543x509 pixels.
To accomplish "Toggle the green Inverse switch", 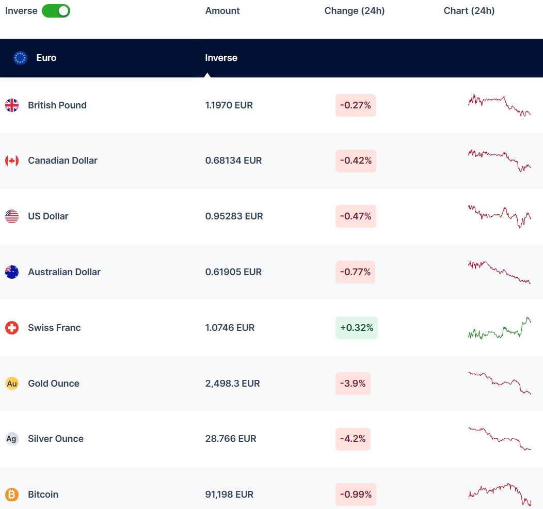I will coord(56,11).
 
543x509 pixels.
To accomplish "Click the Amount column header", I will coord(222,11).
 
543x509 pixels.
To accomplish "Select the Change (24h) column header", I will coord(354,11).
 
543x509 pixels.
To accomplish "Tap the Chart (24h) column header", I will coord(469,11).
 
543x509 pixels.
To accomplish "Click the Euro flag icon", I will coord(20,58).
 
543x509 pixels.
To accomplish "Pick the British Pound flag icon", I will coord(12,105).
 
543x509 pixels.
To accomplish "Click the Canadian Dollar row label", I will coord(62,161).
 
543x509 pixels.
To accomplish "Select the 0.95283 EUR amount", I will coord(234,216).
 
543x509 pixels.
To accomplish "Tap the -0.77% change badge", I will coord(355,272).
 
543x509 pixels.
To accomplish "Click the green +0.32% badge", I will coord(356,328).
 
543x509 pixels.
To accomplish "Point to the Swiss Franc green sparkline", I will coord(499,329).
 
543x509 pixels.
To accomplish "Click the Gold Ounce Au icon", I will coord(12,384).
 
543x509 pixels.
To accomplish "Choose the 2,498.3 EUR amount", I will coord(232,384).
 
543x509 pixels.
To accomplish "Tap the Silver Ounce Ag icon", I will coord(12,439).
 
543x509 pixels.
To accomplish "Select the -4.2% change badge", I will coord(353,439).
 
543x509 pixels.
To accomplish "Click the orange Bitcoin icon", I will coord(12,495).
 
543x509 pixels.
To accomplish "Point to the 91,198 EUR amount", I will coord(229,495).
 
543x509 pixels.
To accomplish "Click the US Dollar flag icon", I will coord(12,216).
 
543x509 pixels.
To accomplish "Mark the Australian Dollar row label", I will coord(64,272).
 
